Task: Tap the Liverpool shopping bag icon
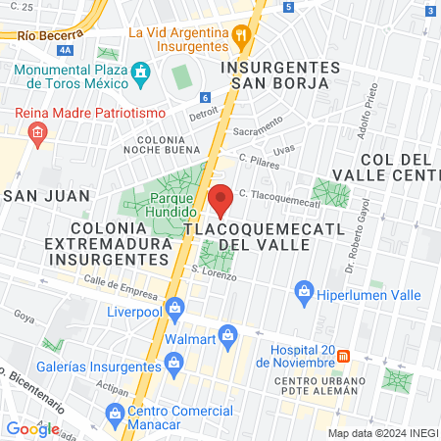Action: [x=175, y=308]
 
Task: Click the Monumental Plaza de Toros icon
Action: [x=141, y=72]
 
